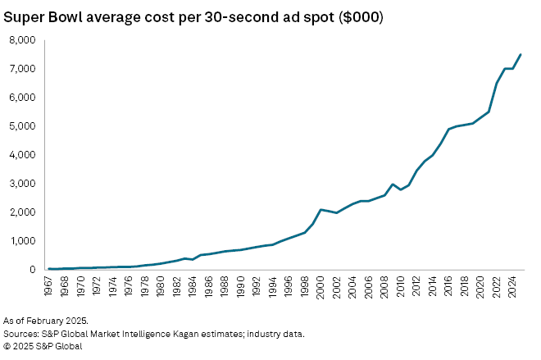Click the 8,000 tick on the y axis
tap(22, 40)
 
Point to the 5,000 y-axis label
tap(22, 126)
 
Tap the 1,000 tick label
tap(22, 241)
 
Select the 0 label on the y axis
tap(33, 270)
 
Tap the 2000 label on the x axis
tap(321, 285)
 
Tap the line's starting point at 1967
tap(49, 268)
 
